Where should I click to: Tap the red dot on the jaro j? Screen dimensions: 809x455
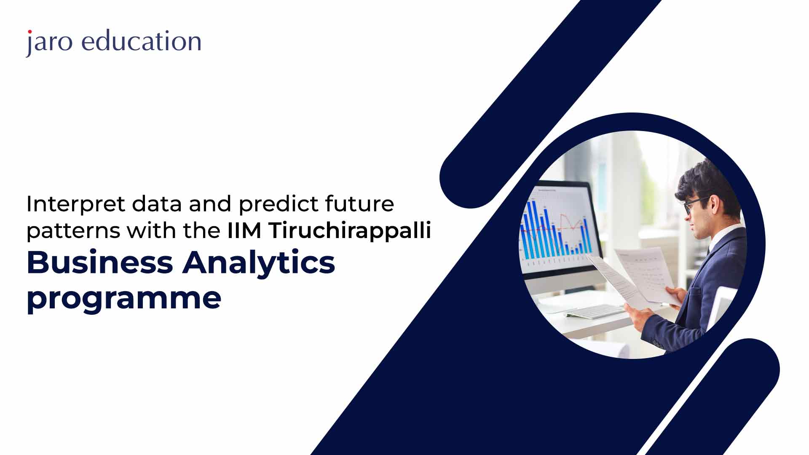click(29, 32)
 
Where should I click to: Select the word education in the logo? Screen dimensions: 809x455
click(141, 41)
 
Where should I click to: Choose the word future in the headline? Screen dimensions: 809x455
click(359, 204)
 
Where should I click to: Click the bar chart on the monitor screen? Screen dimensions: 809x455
click(556, 227)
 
